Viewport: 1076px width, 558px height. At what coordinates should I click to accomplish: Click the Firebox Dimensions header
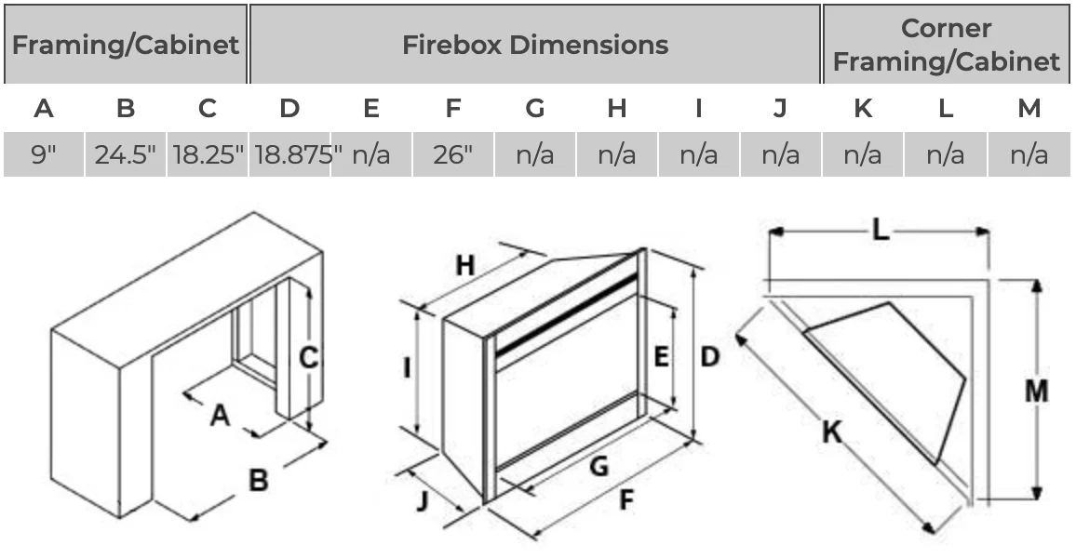(x=534, y=45)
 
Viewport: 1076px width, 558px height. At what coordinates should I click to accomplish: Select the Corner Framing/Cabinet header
(x=946, y=45)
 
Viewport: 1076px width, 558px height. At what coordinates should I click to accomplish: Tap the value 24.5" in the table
(x=126, y=154)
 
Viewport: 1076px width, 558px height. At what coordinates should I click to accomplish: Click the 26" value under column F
(x=453, y=154)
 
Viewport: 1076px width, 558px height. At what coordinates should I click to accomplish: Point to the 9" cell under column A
(x=44, y=154)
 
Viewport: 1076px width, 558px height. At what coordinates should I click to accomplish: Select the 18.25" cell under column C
(x=208, y=154)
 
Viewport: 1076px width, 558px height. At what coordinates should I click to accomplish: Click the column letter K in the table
(x=863, y=109)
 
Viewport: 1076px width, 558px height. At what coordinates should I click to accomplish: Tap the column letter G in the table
(x=535, y=109)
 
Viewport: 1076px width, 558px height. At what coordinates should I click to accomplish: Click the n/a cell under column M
(x=1029, y=154)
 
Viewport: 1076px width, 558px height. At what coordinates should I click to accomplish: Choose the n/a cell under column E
(x=371, y=154)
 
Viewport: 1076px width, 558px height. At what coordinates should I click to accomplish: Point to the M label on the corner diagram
(x=1036, y=392)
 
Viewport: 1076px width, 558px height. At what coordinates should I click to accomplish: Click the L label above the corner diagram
(x=881, y=231)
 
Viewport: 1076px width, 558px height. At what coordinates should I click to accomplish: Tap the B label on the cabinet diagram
(x=258, y=480)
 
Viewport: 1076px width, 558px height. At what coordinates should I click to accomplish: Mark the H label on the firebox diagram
(x=464, y=266)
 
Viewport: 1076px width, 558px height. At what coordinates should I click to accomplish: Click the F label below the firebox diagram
(x=625, y=500)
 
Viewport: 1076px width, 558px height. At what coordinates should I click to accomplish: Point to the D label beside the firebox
(x=710, y=356)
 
